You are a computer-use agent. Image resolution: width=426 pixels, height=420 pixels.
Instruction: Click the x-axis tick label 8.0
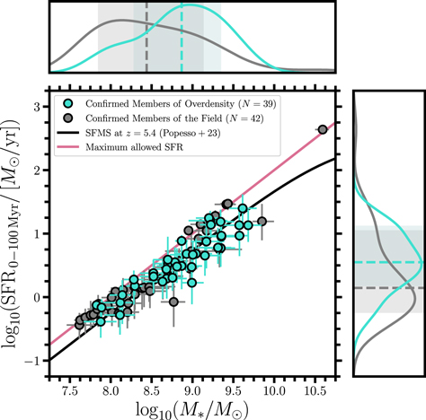click(x=110, y=391)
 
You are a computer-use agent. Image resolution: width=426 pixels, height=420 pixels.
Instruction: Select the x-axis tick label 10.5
click(x=315, y=391)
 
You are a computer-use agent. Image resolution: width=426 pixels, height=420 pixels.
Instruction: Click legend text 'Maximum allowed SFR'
click(x=126, y=148)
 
